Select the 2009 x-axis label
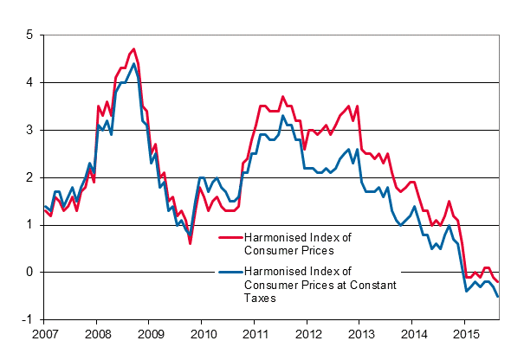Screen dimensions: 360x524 150,332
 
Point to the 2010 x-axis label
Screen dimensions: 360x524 203,332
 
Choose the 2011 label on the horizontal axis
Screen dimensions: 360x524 256,332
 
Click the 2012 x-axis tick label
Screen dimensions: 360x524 308,332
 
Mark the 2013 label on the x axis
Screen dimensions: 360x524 361,332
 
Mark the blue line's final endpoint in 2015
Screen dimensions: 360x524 498,296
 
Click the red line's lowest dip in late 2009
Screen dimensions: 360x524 191,243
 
